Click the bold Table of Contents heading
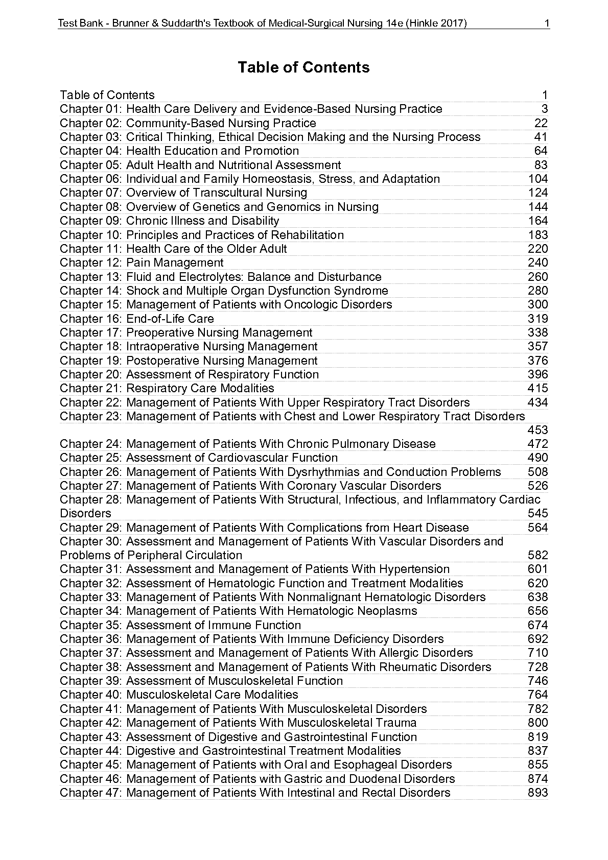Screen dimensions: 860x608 click(x=303, y=67)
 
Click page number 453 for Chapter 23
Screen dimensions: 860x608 click(x=537, y=430)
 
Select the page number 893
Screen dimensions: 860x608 click(x=537, y=793)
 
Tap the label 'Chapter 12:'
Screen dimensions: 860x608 click(x=91, y=262)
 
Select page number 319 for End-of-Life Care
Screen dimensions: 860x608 click(x=537, y=319)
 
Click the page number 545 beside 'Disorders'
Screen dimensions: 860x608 click(x=537, y=513)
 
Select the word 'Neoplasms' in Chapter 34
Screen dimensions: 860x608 click(x=388, y=611)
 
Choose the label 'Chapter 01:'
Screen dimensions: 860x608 click(x=91, y=109)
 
